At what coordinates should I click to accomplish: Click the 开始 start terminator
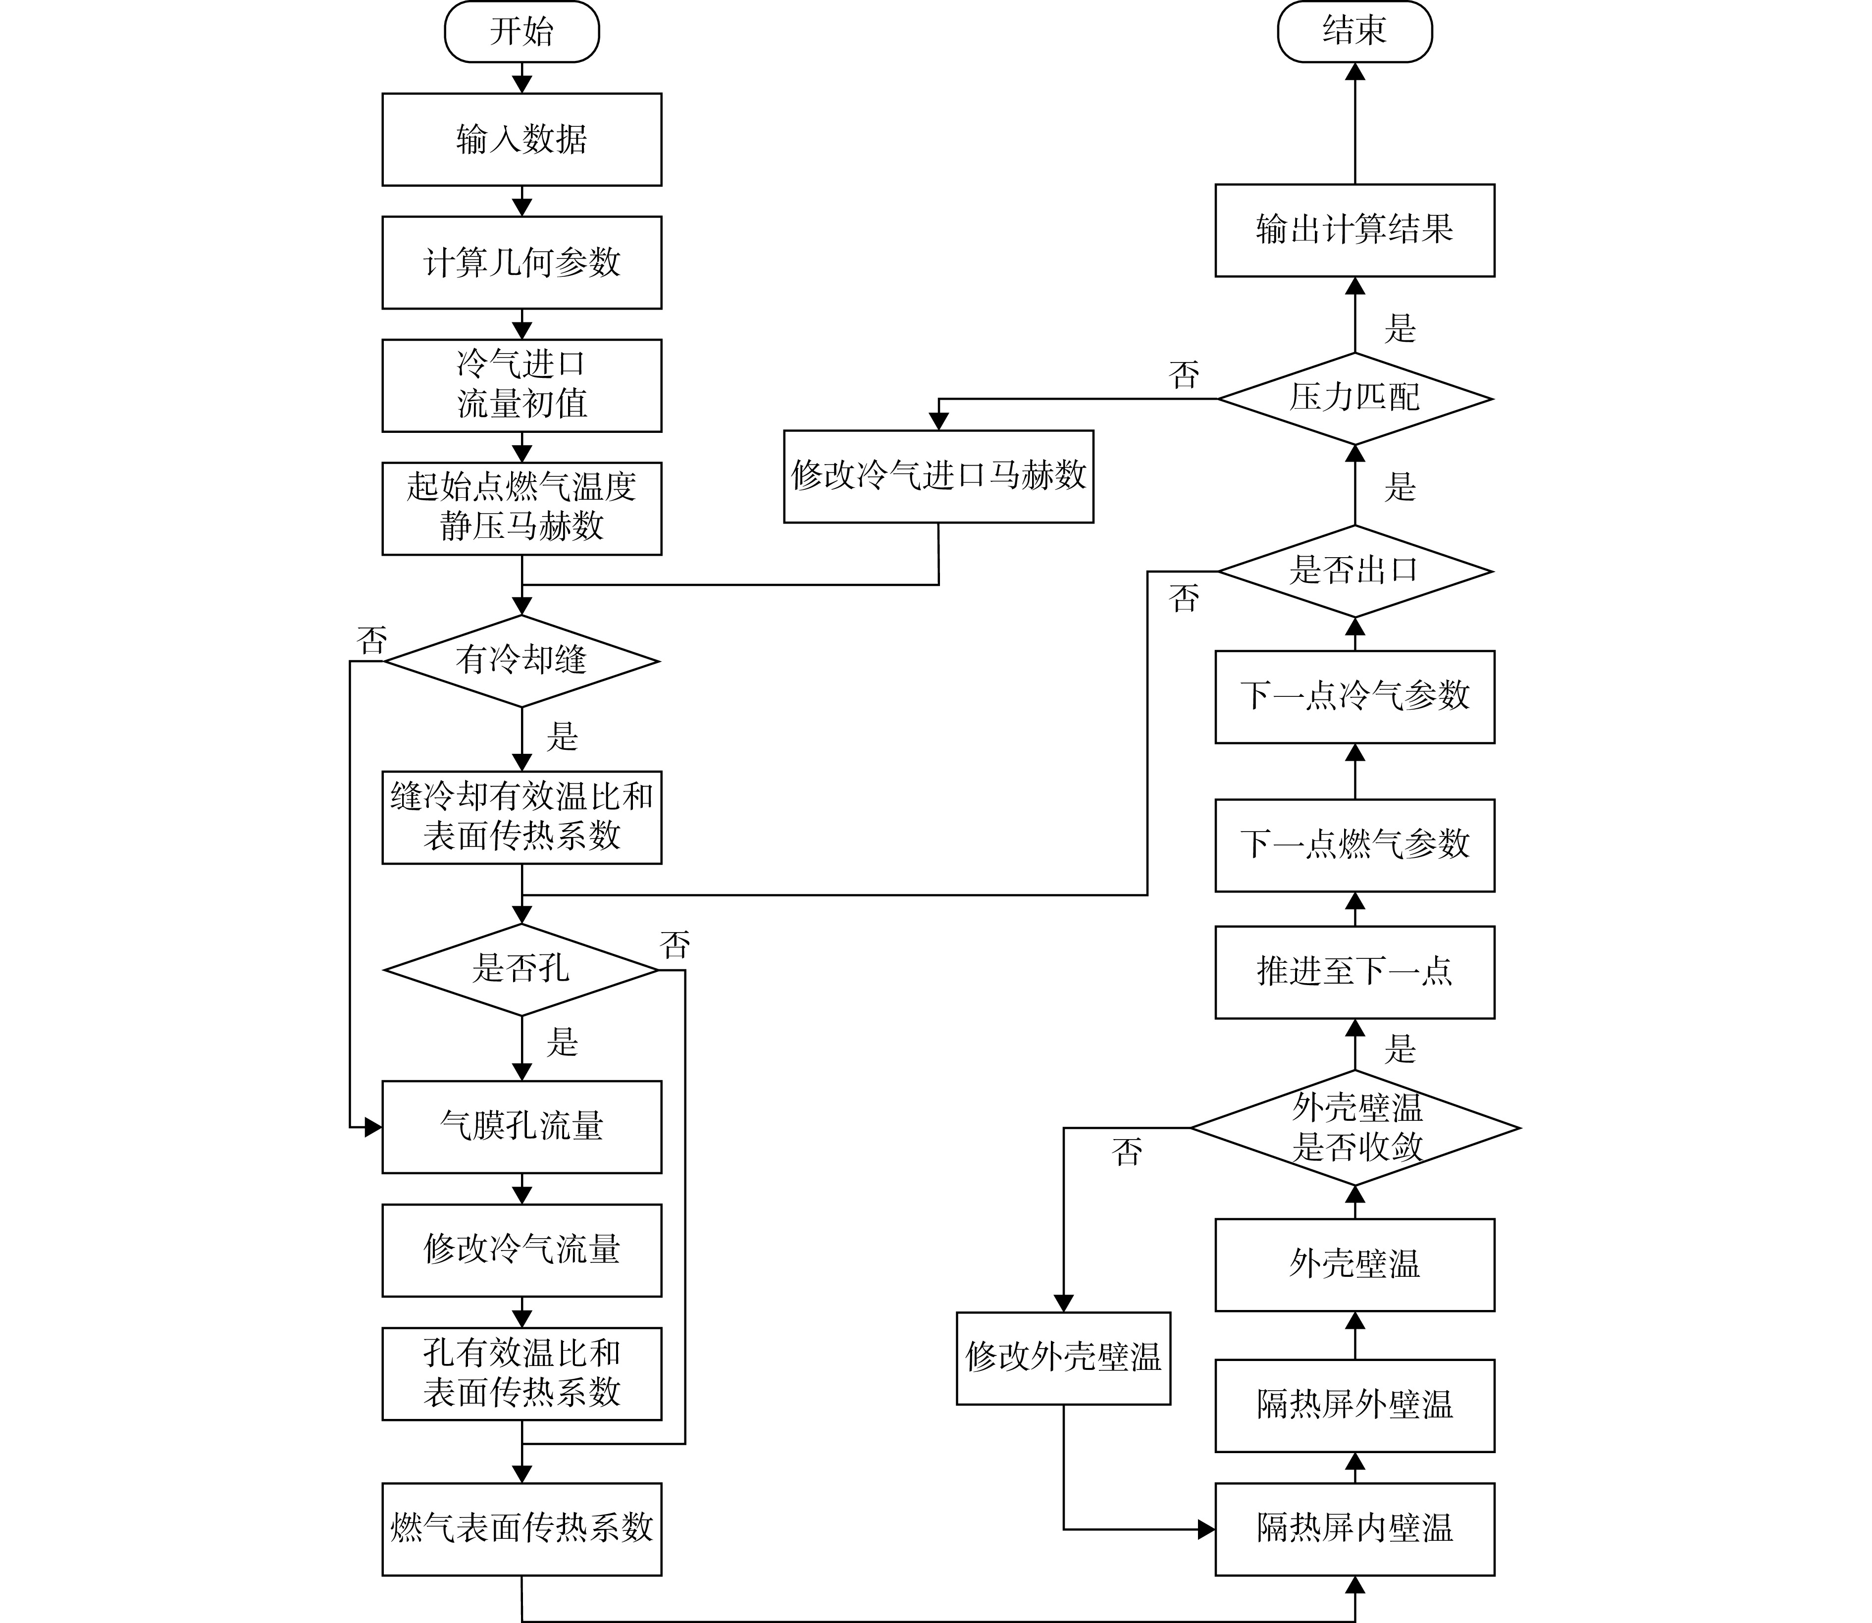point(521,32)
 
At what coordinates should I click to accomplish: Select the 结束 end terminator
point(1355,32)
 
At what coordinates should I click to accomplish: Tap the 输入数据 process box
point(521,140)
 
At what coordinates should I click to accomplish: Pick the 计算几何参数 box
point(521,262)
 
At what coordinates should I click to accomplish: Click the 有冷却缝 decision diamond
point(521,661)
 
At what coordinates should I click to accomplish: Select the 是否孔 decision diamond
point(521,970)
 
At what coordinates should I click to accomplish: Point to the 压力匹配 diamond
point(1355,399)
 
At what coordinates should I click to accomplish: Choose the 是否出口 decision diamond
point(1355,572)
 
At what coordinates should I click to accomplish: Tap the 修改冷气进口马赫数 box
point(938,476)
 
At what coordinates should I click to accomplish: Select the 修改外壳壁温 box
point(1063,1359)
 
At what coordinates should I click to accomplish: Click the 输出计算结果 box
point(1355,230)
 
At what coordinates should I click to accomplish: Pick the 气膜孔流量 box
point(521,1127)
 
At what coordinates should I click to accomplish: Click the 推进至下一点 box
point(1355,972)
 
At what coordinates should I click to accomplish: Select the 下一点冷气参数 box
point(1355,696)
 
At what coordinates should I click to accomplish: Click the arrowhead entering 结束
point(1355,71)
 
